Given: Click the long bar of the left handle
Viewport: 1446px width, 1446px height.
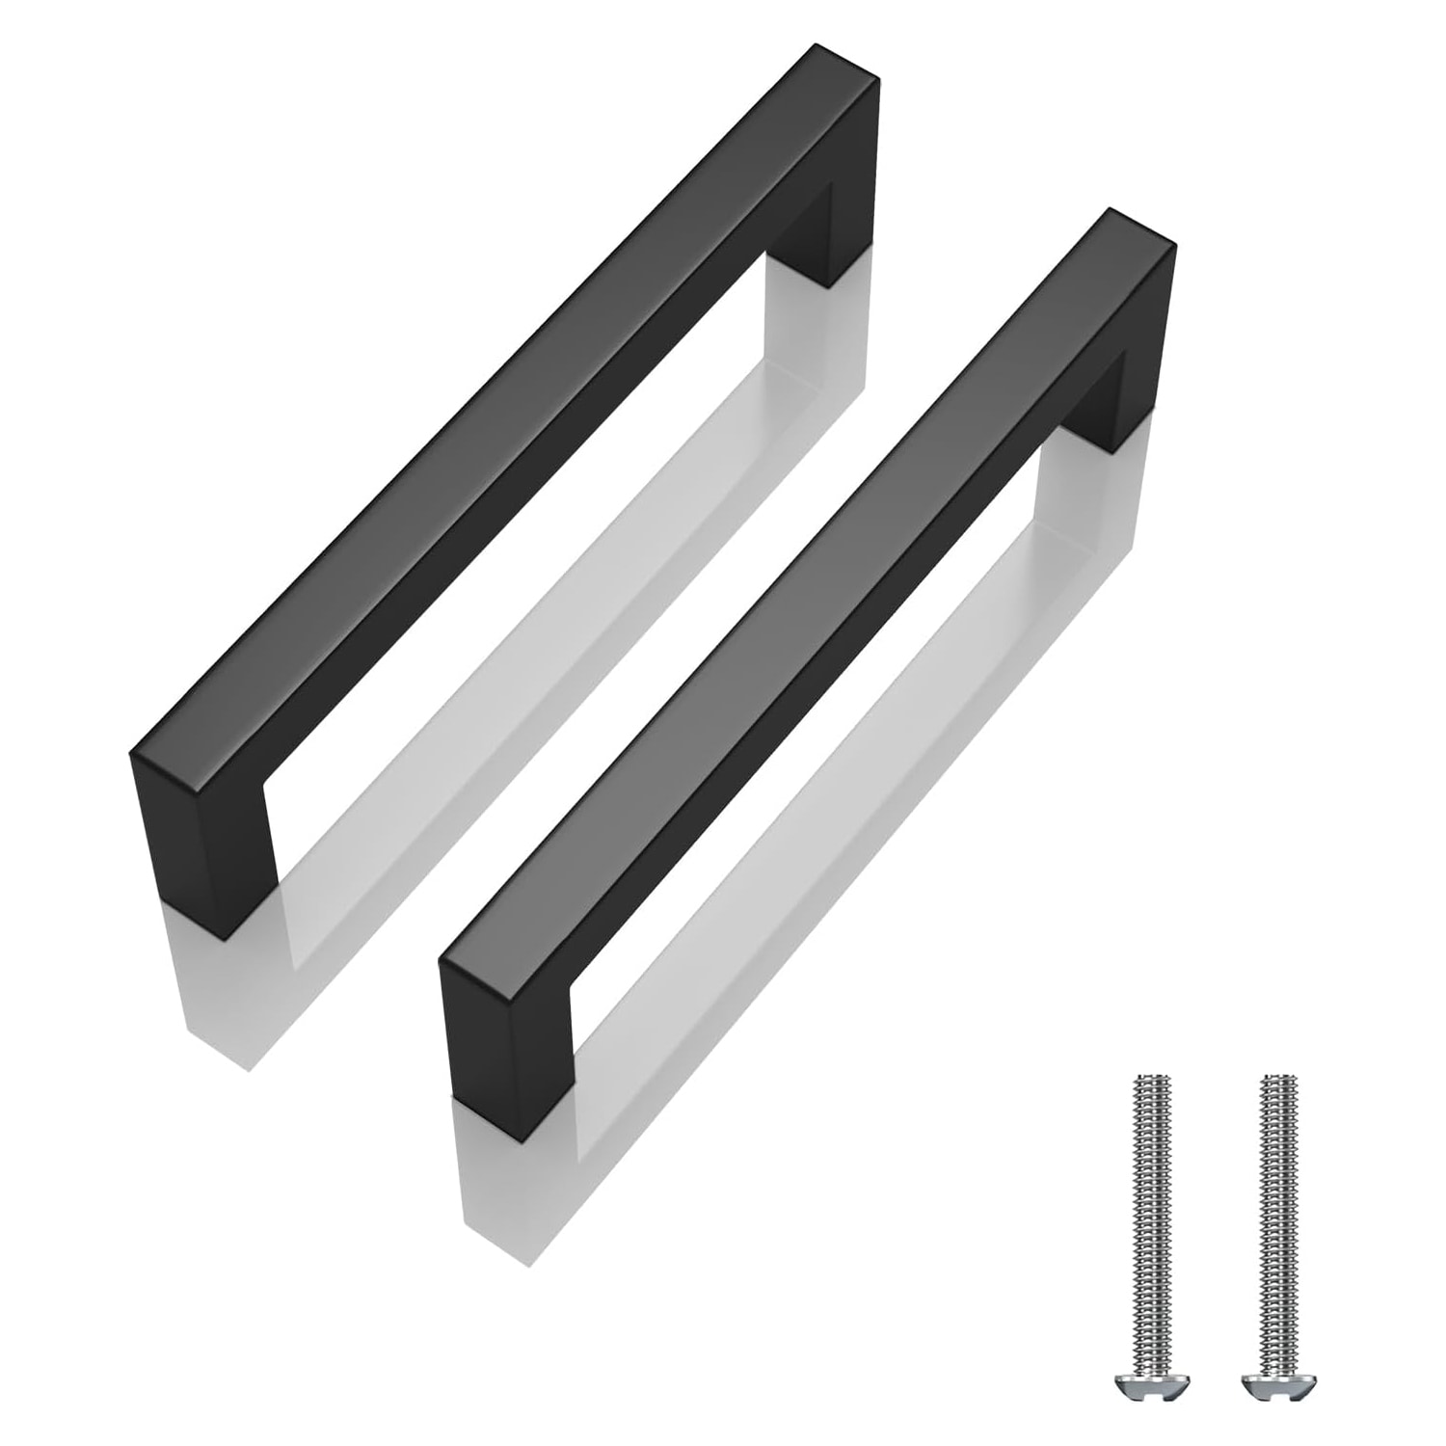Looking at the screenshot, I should pos(501,434).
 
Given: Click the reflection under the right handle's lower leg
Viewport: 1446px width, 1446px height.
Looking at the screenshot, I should pos(501,1186).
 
